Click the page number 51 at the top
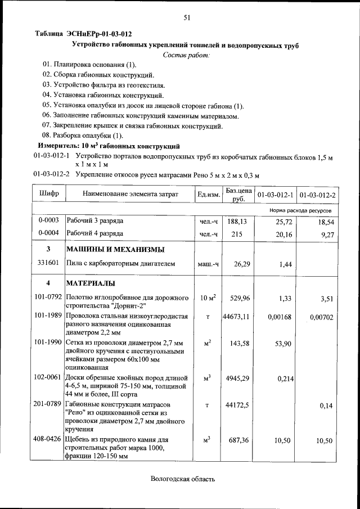(x=187, y=18)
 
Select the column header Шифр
(x=49, y=194)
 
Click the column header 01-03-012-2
(x=318, y=195)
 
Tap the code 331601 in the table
(x=48, y=263)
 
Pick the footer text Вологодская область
(x=183, y=479)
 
